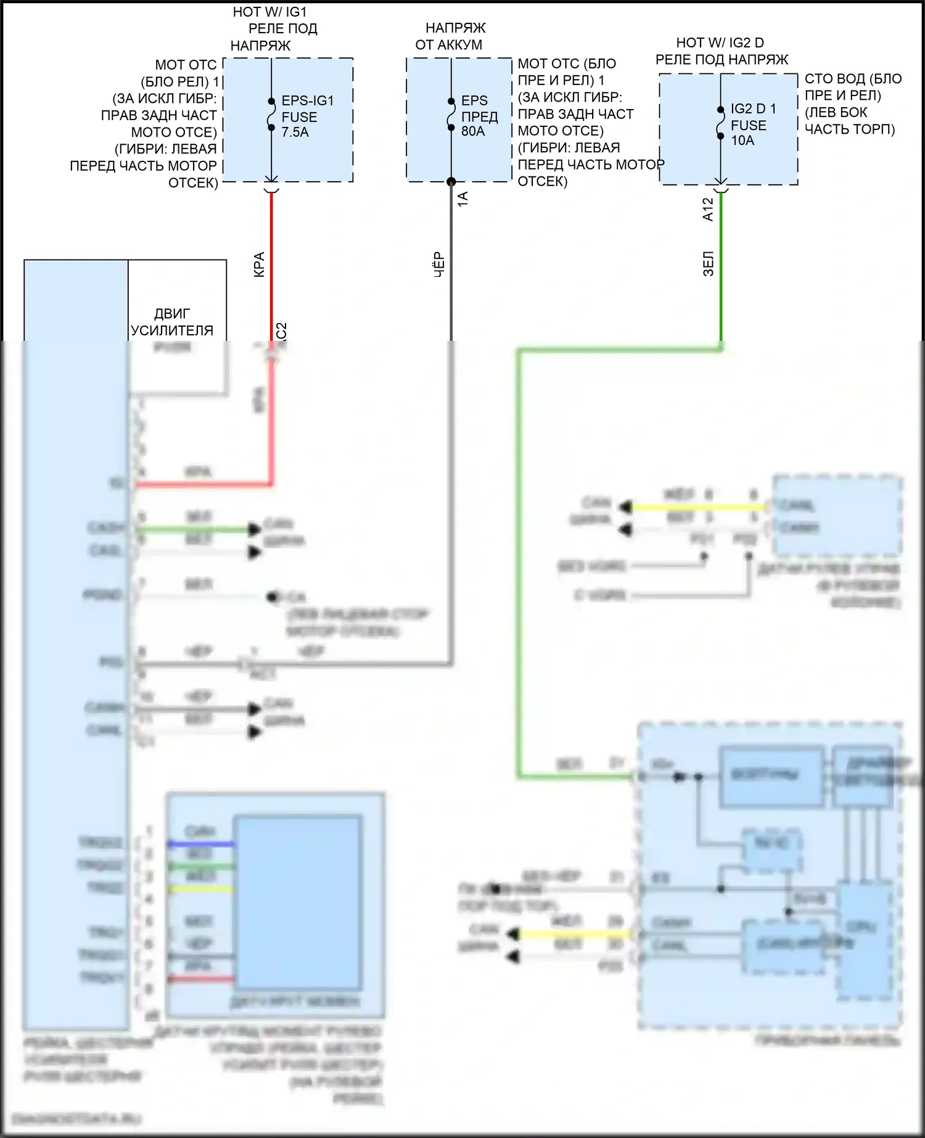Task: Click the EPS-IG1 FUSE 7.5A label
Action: tap(307, 116)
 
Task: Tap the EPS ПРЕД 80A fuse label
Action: tap(479, 116)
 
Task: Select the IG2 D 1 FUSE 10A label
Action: tap(752, 125)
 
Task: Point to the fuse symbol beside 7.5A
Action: tap(271, 115)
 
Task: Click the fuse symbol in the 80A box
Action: tap(451, 115)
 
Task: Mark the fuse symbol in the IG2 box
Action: tap(720, 123)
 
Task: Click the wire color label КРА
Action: tap(260, 264)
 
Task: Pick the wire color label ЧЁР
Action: tap(439, 264)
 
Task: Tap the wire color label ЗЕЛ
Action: tap(709, 263)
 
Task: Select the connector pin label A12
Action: tap(708, 209)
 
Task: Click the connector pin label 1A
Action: tap(463, 199)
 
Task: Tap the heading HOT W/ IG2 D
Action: tap(720, 43)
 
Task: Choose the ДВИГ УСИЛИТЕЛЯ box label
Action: tap(172, 322)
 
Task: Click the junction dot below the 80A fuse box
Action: tap(451, 181)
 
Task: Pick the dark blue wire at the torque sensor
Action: tap(200, 843)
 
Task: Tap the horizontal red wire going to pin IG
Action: tap(203, 485)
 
